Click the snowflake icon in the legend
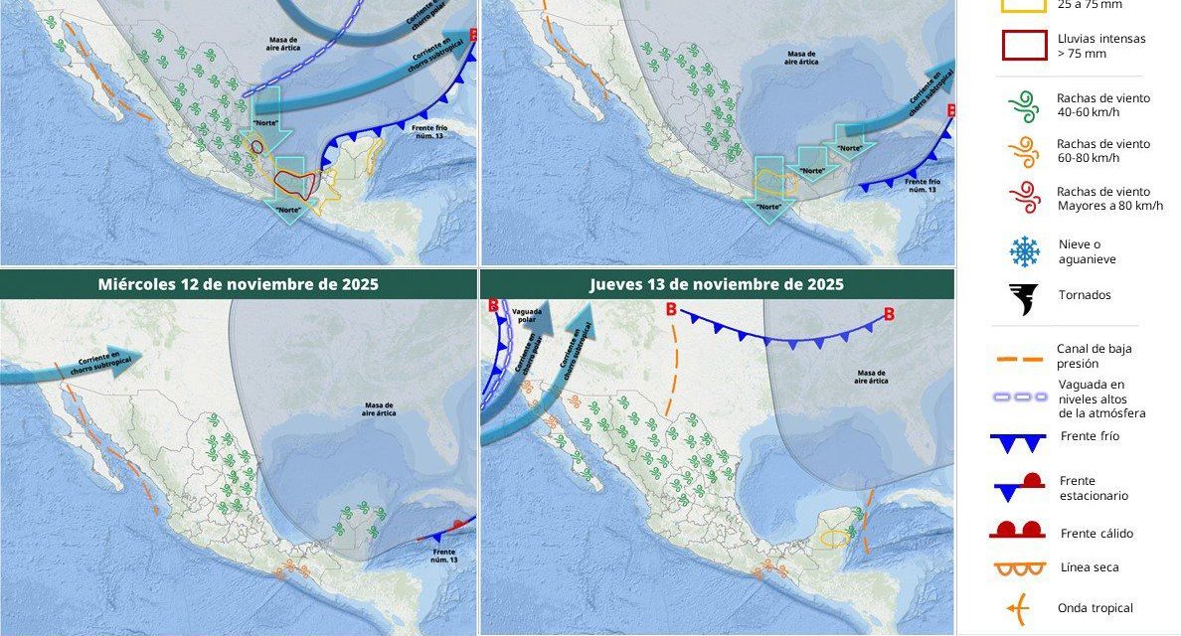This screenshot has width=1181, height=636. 1023,251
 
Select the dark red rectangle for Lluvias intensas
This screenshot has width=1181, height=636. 1023,45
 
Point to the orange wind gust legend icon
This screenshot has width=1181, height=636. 1023,151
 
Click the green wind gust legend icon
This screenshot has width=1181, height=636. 1023,105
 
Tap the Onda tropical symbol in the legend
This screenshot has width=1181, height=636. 1016,607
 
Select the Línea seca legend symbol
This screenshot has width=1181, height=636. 1018,568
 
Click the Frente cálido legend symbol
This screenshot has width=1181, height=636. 1018,531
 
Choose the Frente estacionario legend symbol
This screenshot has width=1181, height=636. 1018,487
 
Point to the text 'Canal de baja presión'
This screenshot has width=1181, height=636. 1094,356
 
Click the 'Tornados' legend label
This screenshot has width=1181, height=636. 1084,295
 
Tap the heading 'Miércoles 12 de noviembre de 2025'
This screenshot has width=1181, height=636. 238,284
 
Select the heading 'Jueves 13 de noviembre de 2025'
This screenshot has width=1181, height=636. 716,284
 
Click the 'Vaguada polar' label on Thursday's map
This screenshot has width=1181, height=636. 527,316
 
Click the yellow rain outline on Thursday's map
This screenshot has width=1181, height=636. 835,538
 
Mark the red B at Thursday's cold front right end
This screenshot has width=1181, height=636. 888,315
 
